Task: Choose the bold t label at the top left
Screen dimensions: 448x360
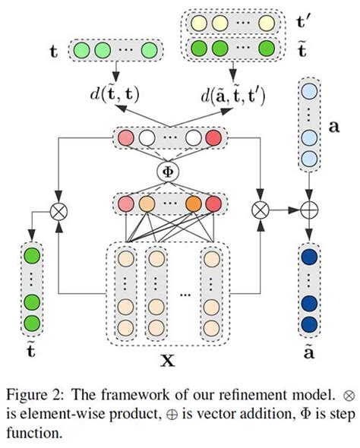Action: (x=53, y=52)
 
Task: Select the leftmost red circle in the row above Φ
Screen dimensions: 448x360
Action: (x=124, y=139)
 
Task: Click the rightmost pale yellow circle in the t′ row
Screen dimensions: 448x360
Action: (x=265, y=22)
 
